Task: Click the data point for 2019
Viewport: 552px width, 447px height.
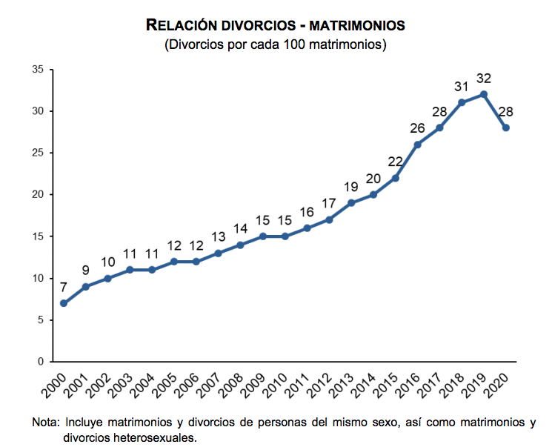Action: [x=484, y=94]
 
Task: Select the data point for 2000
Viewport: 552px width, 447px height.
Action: [x=64, y=303]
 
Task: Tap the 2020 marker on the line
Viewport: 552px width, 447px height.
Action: [x=506, y=128]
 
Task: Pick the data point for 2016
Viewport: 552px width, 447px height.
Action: [x=418, y=145]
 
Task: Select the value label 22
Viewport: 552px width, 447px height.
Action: [x=396, y=162]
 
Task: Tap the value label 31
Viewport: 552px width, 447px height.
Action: [x=462, y=86]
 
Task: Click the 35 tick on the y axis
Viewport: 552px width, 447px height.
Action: [x=39, y=70]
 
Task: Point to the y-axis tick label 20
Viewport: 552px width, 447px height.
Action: [x=39, y=195]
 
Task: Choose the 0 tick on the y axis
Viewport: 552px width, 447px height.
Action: [x=41, y=362]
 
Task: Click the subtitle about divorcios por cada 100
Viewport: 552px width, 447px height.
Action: [x=276, y=44]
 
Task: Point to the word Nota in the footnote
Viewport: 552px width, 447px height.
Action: [x=45, y=423]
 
